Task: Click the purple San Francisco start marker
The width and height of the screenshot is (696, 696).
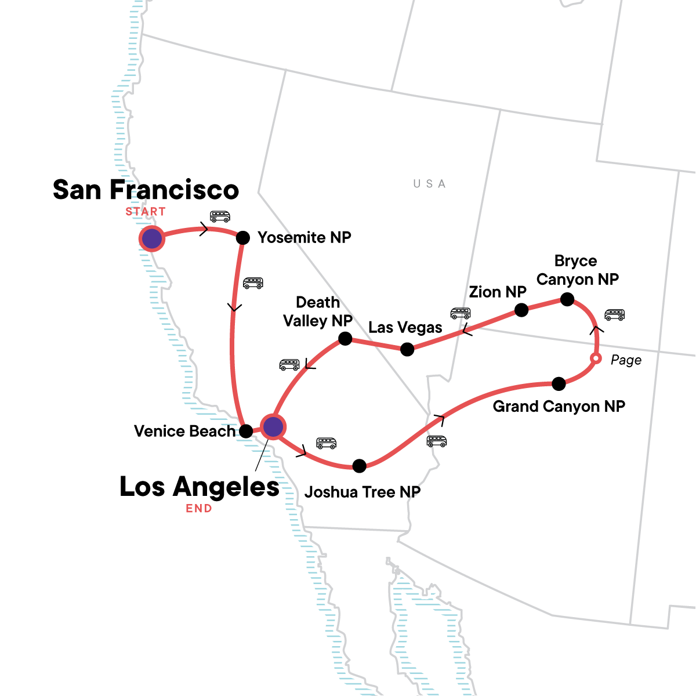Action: (152, 238)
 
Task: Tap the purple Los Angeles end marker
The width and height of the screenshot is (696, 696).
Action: (273, 427)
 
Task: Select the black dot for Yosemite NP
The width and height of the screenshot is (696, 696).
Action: (243, 237)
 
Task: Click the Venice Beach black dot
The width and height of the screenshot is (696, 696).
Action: (246, 431)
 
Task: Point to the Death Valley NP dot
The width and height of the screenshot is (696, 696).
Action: (345, 338)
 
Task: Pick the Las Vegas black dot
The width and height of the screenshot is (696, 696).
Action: (407, 349)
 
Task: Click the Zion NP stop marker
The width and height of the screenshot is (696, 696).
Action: (521, 310)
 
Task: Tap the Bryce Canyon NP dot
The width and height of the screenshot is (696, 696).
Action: (567, 299)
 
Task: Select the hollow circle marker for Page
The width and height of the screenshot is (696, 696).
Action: (595, 359)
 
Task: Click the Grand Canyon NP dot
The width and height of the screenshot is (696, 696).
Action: (559, 383)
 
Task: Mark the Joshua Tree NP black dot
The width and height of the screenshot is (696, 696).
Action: (360, 465)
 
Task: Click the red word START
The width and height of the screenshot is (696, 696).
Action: (146, 212)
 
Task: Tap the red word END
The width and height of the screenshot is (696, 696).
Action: (199, 509)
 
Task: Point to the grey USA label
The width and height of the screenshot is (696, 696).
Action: (429, 184)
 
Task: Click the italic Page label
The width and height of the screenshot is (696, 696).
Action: (626, 360)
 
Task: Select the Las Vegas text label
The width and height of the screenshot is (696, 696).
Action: (405, 328)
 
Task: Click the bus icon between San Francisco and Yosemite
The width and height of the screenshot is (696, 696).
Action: (220, 216)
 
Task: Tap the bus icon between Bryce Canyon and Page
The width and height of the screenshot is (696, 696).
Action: (615, 314)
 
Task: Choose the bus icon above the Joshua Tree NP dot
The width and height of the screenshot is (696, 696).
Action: (326, 443)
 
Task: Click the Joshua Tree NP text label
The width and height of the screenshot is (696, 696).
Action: (362, 492)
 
